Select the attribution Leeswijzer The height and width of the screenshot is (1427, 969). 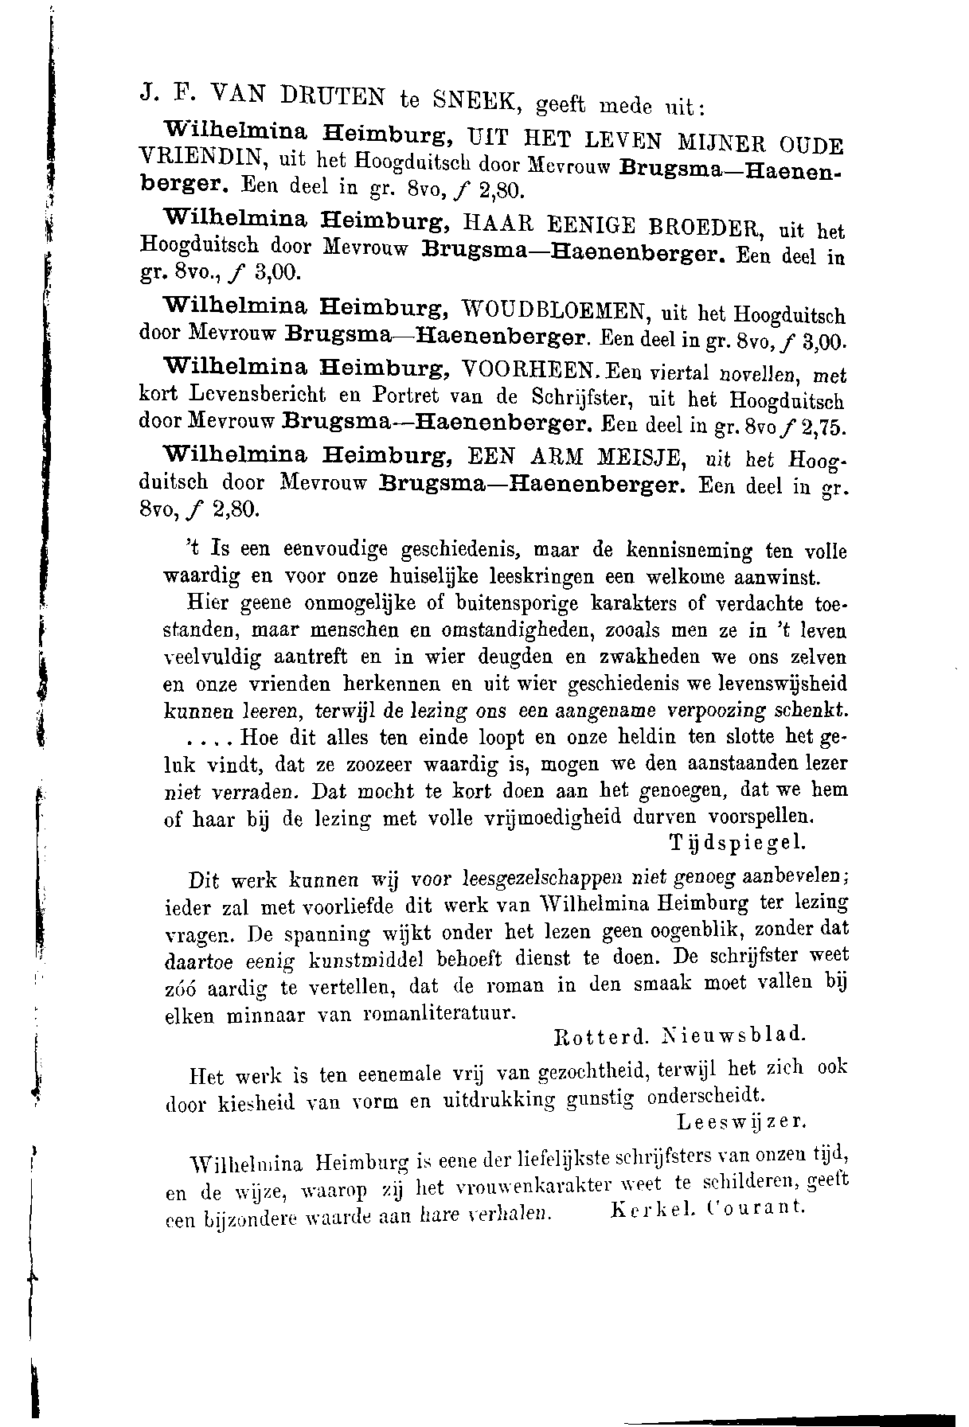(741, 1121)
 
